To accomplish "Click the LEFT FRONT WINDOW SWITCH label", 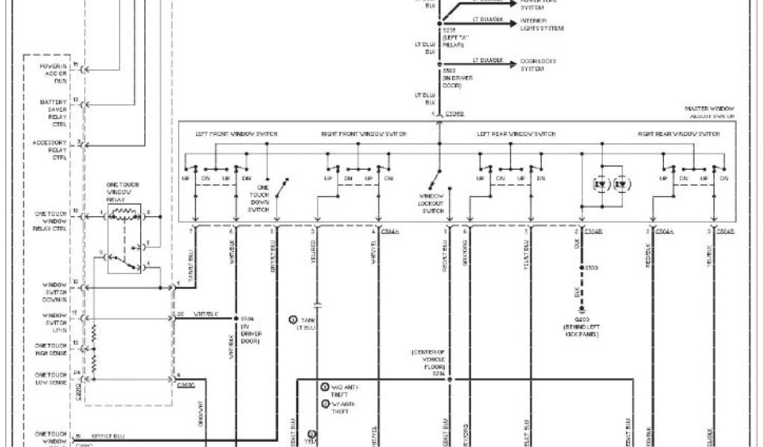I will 236,134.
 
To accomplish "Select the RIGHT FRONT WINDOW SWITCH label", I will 364,134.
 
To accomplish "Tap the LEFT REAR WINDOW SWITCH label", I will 516,134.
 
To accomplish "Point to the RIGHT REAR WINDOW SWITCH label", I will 679,134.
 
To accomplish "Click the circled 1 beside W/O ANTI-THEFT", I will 325,387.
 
